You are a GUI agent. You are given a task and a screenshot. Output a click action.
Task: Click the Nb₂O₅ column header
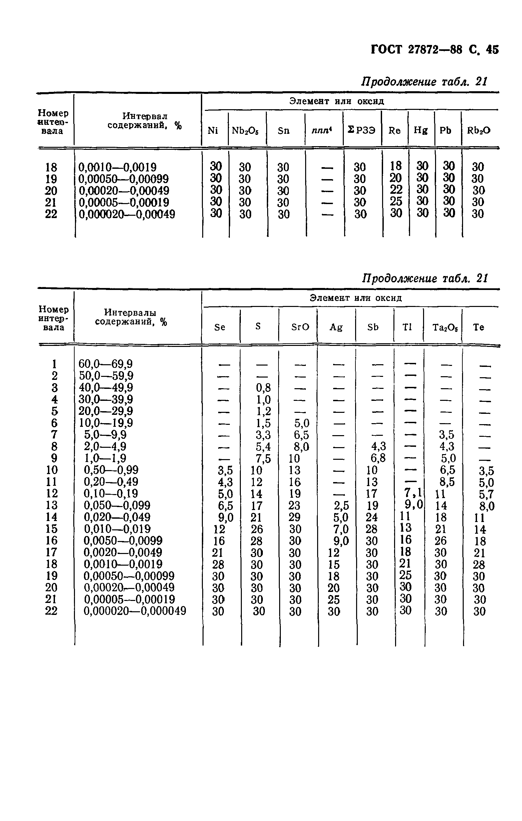(245, 131)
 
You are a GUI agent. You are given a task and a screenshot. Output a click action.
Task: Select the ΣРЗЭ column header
(361, 130)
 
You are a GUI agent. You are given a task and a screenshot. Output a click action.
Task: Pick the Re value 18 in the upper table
(396, 166)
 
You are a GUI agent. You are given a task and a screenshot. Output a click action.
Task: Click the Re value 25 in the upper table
(396, 201)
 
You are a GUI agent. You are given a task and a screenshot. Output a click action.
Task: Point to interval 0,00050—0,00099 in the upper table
(124, 179)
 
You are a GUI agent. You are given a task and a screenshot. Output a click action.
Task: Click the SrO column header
(300, 327)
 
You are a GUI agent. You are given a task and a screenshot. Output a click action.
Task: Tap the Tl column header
(407, 327)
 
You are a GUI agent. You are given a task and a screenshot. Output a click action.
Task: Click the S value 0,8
(263, 388)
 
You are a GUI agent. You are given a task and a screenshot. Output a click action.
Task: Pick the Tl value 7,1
(413, 492)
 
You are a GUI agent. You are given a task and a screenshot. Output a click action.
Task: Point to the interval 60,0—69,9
(105, 364)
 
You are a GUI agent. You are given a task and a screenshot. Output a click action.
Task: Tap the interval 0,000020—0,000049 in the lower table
(135, 611)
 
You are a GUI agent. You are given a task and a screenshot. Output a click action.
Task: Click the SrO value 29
(294, 517)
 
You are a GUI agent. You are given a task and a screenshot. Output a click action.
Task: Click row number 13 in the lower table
(52, 505)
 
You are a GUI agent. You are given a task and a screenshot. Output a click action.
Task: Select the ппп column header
(322, 131)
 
